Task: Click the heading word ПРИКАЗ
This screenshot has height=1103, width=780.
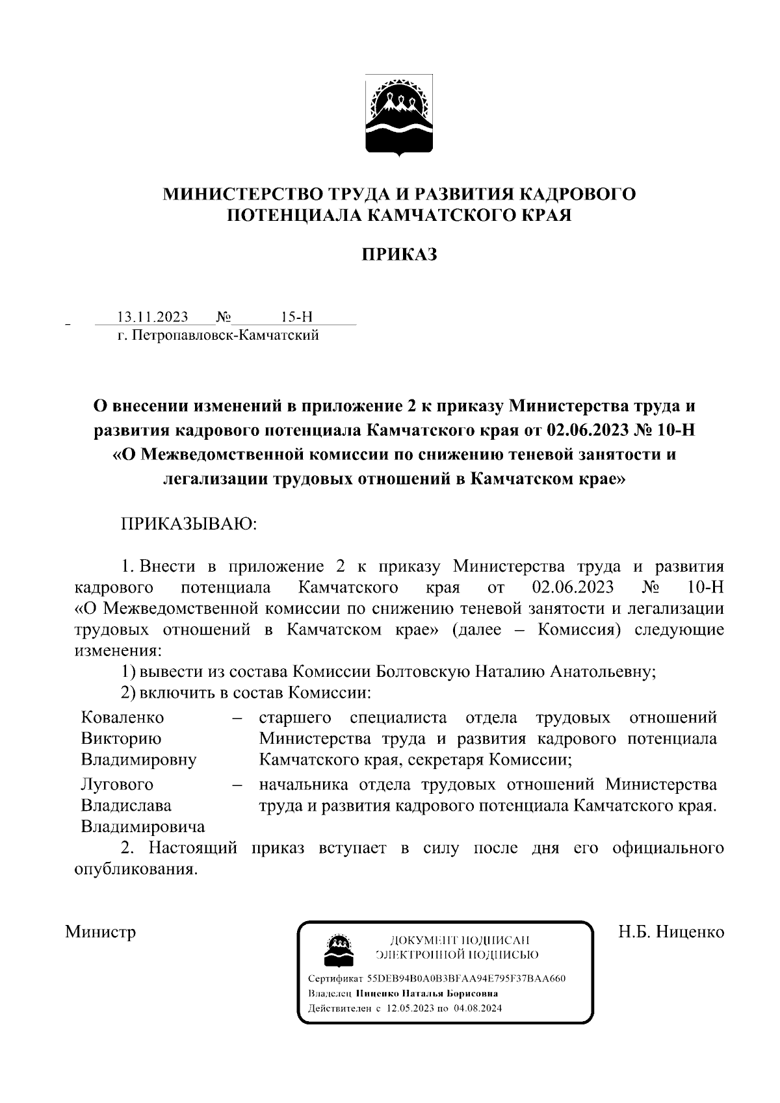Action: click(399, 255)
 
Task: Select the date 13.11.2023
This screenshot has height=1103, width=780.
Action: click(152, 317)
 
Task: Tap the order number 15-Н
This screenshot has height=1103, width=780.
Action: click(296, 317)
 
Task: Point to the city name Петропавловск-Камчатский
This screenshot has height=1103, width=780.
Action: click(225, 335)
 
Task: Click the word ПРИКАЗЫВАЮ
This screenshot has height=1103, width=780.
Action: click(188, 524)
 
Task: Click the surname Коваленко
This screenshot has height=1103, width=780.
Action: click(123, 717)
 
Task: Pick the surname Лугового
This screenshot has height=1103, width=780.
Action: click(117, 784)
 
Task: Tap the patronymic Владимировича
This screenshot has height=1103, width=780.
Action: click(142, 826)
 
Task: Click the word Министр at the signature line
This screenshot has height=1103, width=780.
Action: click(101, 932)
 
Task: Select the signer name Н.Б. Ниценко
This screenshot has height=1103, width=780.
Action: click(671, 932)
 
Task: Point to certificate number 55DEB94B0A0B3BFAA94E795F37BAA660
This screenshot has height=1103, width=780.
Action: click(466, 978)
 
